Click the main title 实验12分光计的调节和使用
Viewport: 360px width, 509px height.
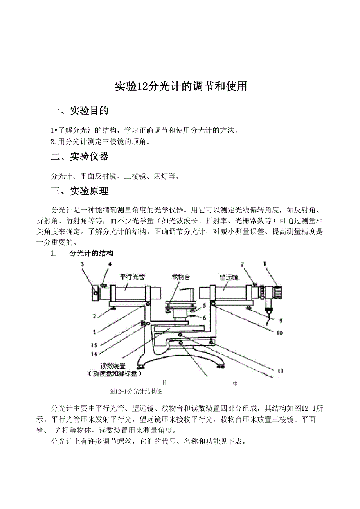pos(180,86)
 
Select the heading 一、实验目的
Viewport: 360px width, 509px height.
pos(79,111)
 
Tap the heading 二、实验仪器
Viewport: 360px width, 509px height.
pos(79,157)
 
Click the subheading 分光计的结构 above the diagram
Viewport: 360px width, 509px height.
pos(92,253)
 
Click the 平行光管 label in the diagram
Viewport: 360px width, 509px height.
pos(132,277)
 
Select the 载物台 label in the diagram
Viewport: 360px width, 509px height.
pos(181,277)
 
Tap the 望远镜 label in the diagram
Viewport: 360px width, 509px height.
pos(229,277)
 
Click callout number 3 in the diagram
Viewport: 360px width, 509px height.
pos(82,264)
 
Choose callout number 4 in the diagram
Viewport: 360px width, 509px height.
pos(110,264)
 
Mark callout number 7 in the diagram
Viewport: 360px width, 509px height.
pos(243,265)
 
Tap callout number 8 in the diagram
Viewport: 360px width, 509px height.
pos(265,264)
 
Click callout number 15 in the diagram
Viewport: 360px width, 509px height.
pos(94,345)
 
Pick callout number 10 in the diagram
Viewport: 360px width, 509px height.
pos(279,333)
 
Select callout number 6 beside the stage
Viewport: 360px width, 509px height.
pos(204,318)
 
